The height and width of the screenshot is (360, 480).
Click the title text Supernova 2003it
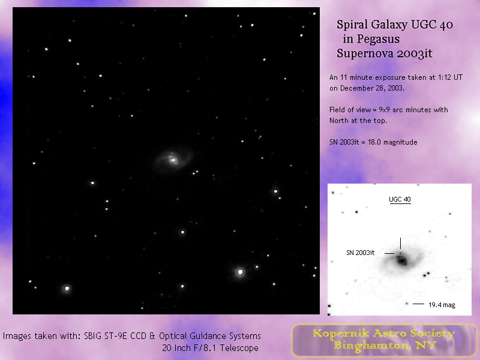(385, 53)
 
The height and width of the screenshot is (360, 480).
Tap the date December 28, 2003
(372, 88)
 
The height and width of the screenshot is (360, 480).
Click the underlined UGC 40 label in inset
(400, 200)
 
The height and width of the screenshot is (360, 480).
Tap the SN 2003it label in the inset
(361, 253)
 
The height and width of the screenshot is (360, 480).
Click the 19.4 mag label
(442, 305)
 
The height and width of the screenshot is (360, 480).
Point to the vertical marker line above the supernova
(400, 243)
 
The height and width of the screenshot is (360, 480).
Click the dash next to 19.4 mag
(418, 304)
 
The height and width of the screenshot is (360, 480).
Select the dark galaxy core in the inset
(401, 260)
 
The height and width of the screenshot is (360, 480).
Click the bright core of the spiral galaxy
(173, 160)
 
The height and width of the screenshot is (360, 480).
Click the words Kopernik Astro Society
(383, 334)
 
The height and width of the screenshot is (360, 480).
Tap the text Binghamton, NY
(385, 346)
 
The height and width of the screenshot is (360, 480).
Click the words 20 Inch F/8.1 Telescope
(211, 348)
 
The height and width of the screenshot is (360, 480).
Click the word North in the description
(338, 121)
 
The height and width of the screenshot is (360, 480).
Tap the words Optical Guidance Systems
(210, 336)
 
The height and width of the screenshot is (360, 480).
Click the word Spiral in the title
(352, 25)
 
